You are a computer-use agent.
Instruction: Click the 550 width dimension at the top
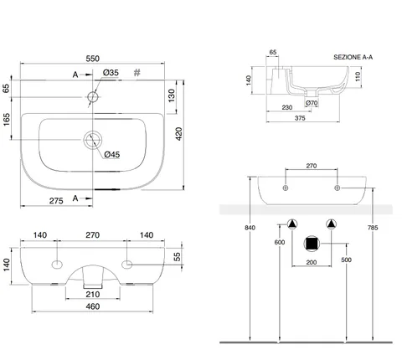click(92, 59)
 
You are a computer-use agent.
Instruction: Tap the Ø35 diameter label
click(111, 73)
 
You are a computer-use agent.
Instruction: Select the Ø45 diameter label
click(112, 154)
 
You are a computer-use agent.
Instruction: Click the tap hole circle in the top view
click(93, 97)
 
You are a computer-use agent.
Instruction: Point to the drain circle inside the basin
click(93, 140)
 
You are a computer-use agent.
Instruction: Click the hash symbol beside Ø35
click(137, 73)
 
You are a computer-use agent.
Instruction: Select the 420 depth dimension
click(178, 134)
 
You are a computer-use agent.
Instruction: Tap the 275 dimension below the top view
click(56, 201)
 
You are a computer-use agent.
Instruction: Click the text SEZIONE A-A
click(353, 57)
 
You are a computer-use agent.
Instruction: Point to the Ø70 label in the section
click(312, 103)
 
